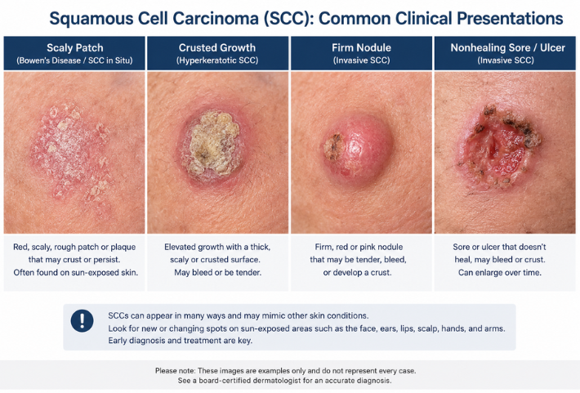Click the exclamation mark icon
pyautogui.click(x=83, y=320)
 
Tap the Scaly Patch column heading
pyautogui.click(x=74, y=47)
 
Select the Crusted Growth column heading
pyautogui.click(x=217, y=47)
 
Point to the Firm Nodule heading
pyautogui.click(x=361, y=47)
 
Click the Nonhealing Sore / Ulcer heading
pyautogui.click(x=507, y=47)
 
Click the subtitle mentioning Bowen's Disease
pyautogui.click(x=74, y=60)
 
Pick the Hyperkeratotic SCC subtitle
pyautogui.click(x=217, y=60)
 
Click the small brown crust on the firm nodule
pyautogui.click(x=333, y=146)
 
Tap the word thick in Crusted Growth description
pyautogui.click(x=260, y=247)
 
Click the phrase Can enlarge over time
pyautogui.click(x=500, y=273)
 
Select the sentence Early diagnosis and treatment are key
pyautogui.click(x=181, y=341)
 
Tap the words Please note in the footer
pyautogui.click(x=175, y=371)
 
